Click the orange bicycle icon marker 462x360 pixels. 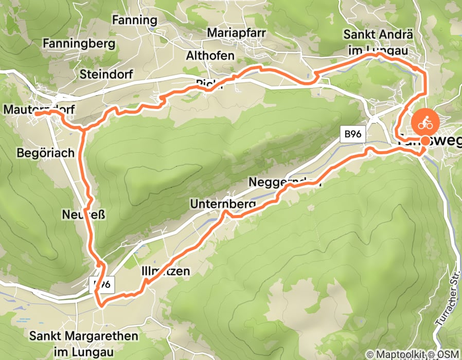coord(424,123)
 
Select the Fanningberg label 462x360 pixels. coord(79,43)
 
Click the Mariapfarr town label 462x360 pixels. coord(236,33)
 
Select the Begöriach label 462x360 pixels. coord(46,153)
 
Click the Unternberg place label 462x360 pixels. coord(223,204)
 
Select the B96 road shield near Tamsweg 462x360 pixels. coord(352,134)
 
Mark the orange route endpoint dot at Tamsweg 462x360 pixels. coord(425,141)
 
